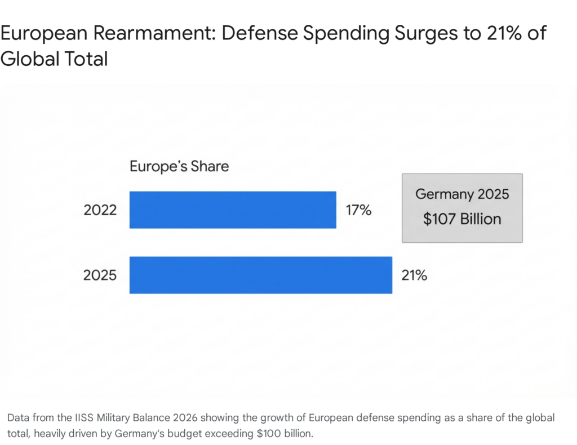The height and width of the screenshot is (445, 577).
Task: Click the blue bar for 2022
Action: pos(233,210)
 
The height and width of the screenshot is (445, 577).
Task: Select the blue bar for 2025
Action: pos(260,275)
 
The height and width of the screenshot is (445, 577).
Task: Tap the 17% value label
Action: pos(358,210)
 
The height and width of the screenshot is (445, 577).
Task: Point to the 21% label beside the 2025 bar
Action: pos(414,275)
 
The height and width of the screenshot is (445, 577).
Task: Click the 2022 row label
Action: pos(100,210)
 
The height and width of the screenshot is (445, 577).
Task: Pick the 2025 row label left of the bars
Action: pos(100,275)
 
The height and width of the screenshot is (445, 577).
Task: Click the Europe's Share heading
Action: pos(179,167)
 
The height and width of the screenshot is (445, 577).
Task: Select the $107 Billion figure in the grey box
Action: pos(462,219)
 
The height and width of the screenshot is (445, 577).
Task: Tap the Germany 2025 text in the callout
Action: pos(462,194)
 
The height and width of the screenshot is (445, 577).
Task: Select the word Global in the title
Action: pos(30,59)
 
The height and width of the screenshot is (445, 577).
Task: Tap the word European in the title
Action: pos(44,34)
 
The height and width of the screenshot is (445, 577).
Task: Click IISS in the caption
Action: pos(85,418)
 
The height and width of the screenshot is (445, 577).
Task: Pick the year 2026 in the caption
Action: pos(185,418)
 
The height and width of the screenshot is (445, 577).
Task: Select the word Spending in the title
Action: pos(347,34)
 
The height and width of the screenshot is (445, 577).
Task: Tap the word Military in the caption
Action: pos(113,419)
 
